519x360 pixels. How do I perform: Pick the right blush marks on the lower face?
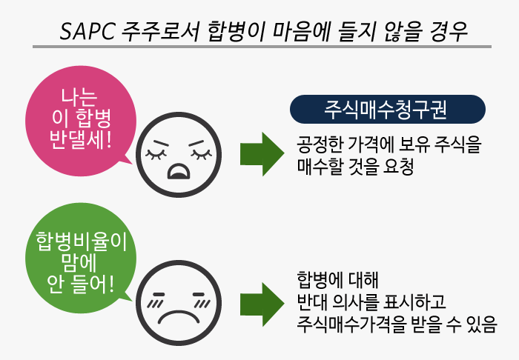pyautogui.click(x=202, y=302)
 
